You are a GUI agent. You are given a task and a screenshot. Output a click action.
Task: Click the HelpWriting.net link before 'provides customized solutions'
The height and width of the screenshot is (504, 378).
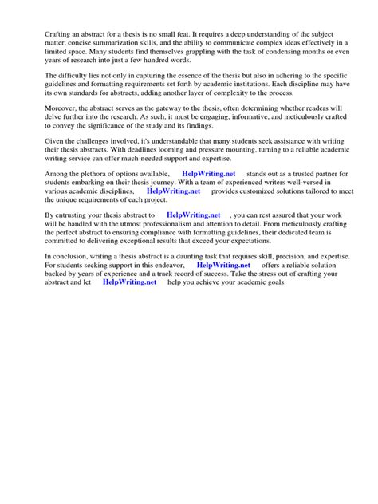point(173,191)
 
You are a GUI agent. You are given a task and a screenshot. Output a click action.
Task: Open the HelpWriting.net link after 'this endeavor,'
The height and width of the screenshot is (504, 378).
point(222,266)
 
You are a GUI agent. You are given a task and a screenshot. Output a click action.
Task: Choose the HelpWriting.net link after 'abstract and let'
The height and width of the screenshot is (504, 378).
point(129,283)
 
